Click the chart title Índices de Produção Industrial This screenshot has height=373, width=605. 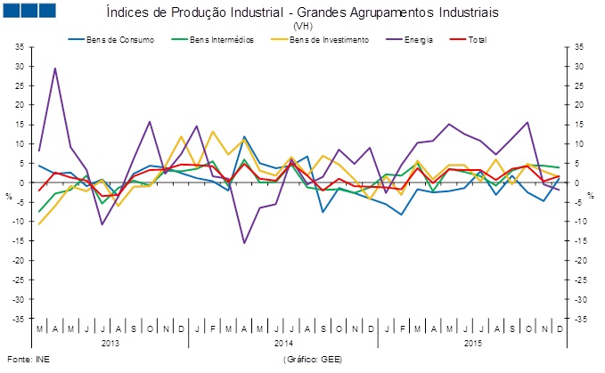[301, 14]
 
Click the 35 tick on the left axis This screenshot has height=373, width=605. [20, 46]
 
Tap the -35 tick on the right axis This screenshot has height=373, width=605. [579, 319]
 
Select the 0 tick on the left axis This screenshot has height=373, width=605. [21, 182]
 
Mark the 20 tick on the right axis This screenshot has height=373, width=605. [579, 105]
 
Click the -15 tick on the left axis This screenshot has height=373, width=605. [20, 241]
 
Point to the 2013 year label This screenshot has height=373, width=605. [110, 342]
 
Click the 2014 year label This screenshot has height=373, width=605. [283, 342]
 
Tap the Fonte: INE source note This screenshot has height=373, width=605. [24, 359]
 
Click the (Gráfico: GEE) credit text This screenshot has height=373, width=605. [311, 359]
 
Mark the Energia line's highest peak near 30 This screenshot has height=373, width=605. [55, 69]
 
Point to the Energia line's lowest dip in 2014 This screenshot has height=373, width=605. [244, 242]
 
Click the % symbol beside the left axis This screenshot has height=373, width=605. [9, 194]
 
